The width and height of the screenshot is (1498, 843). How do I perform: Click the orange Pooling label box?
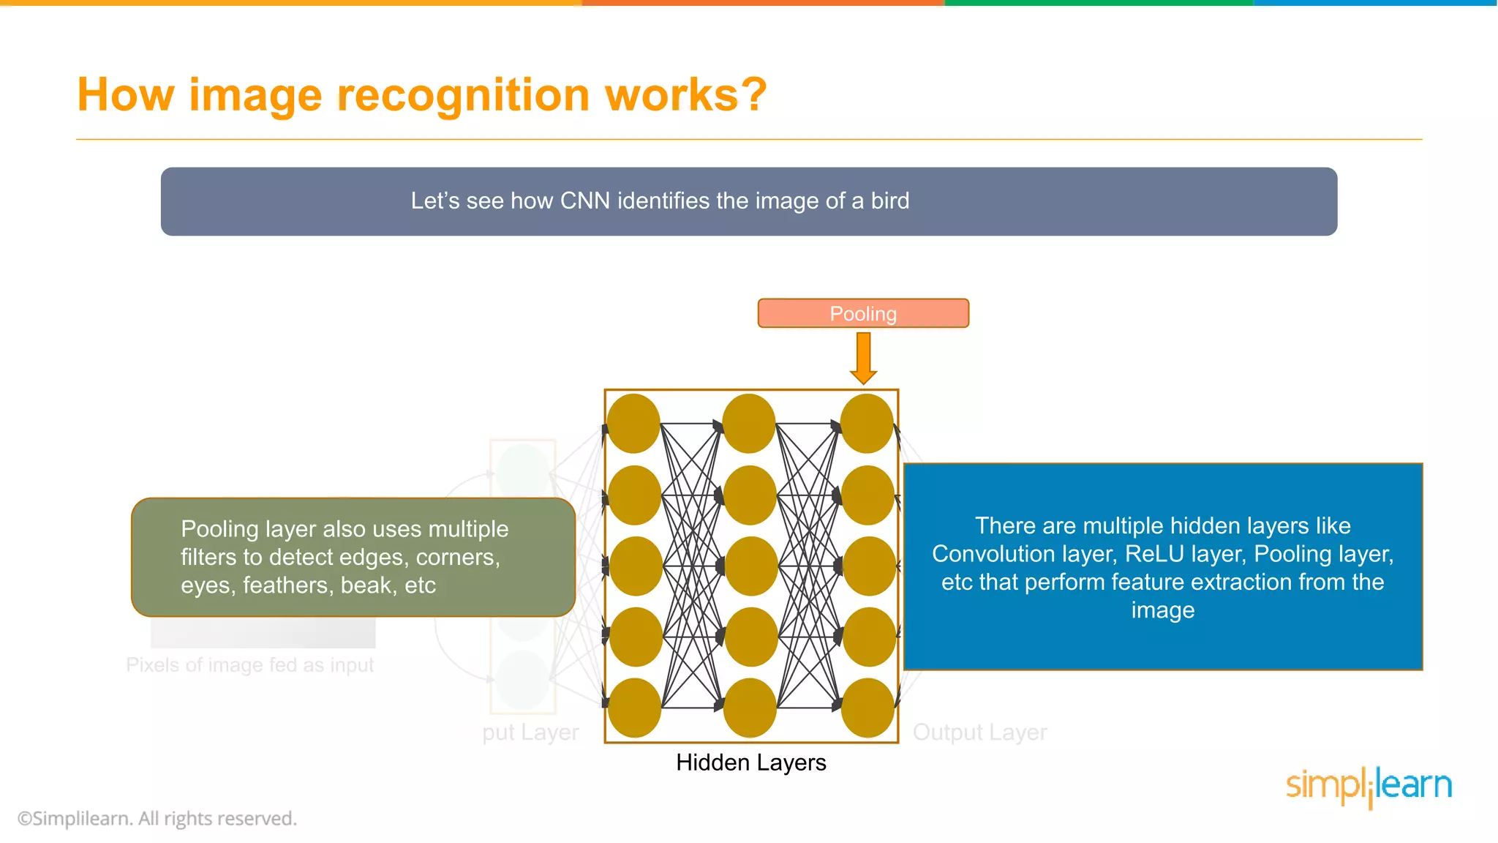pyautogui.click(x=863, y=313)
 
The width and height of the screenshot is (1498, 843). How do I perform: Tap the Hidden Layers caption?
pyautogui.click(x=750, y=763)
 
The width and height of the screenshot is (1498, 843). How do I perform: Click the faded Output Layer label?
pyautogui.click(x=979, y=732)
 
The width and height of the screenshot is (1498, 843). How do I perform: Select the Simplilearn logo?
pyautogui.click(x=1369, y=786)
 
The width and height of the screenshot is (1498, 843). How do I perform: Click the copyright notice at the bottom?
pyautogui.click(x=157, y=818)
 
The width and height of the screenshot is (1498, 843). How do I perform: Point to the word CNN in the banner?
pyautogui.click(x=584, y=201)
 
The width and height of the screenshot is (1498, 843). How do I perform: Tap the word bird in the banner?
pyautogui.click(x=889, y=201)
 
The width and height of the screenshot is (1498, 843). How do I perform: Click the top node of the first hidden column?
pyautogui.click(x=633, y=424)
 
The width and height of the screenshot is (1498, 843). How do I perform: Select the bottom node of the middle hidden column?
pyautogui.click(x=750, y=708)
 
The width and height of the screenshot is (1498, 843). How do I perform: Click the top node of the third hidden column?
pyautogui.click(x=867, y=424)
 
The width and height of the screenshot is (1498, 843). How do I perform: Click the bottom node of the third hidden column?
pyautogui.click(x=867, y=708)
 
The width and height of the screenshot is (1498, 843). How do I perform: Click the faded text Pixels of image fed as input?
pyautogui.click(x=249, y=664)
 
